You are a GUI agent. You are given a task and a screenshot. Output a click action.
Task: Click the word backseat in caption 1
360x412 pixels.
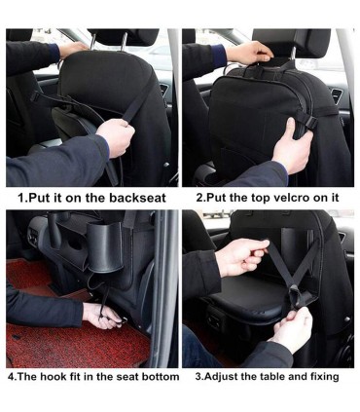click(137, 198)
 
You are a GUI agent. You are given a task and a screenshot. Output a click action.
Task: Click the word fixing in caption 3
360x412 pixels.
click(324, 377)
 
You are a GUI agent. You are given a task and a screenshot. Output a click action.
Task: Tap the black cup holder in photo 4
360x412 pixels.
click(105, 248)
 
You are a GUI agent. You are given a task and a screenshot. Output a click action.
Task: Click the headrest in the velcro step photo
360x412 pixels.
click(291, 42)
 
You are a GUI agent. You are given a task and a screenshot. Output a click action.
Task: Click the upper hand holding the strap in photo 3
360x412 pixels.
click(240, 256)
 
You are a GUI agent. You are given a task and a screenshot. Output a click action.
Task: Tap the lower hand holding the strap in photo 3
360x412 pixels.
click(290, 329)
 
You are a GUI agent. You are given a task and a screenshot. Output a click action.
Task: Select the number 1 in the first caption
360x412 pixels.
click(20, 198)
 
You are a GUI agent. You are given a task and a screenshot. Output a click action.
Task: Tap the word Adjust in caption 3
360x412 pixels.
click(221, 377)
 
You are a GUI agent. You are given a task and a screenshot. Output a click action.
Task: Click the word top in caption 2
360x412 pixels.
click(257, 198)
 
